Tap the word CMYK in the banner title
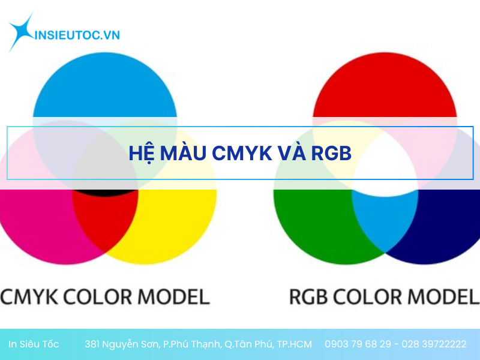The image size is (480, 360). pos(239,154)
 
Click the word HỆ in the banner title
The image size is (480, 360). pos(142,154)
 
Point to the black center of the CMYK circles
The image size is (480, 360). pos(105,193)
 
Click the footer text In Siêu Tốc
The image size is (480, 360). pos(34,344)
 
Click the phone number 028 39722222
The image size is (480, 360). pos(435,344)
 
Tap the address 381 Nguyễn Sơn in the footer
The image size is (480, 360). pos(122,344)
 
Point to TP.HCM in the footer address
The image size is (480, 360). pos(295,344)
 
